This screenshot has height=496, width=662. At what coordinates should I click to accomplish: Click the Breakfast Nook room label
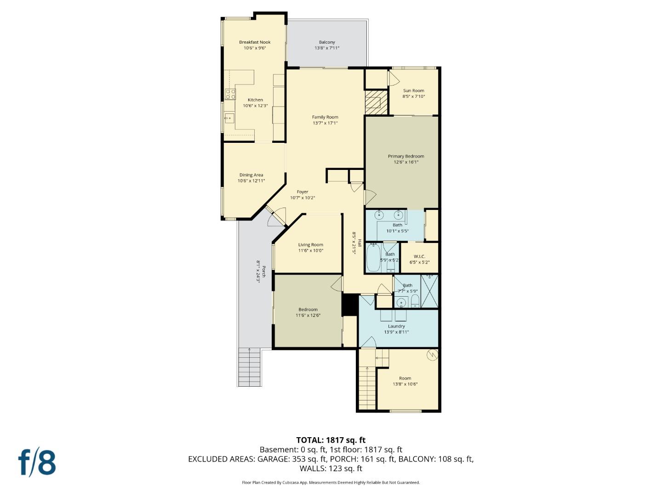255,42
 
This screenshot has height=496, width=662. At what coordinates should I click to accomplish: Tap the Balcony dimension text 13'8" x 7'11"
327,48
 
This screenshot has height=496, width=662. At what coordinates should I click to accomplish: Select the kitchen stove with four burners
230,94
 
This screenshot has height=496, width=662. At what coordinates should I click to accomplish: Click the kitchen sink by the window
228,118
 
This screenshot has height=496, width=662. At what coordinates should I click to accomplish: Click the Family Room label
325,117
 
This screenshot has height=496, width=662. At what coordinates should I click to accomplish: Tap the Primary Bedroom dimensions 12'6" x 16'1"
406,162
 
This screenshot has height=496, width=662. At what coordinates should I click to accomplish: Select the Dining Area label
251,175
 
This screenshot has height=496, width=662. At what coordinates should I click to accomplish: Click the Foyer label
302,192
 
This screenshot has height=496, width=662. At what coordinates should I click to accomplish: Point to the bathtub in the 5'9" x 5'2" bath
372,257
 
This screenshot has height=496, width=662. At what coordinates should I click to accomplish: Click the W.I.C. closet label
419,257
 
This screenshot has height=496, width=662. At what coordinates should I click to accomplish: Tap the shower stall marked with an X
429,291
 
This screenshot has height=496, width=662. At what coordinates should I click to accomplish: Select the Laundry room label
396,327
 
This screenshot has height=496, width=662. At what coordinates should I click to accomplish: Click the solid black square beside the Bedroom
349,304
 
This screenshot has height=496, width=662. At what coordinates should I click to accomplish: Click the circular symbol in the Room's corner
432,355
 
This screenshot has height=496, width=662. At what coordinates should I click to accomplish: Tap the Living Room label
310,245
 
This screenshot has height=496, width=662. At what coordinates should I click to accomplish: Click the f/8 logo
37,462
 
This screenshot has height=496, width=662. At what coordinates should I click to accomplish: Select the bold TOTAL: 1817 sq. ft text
331,440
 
